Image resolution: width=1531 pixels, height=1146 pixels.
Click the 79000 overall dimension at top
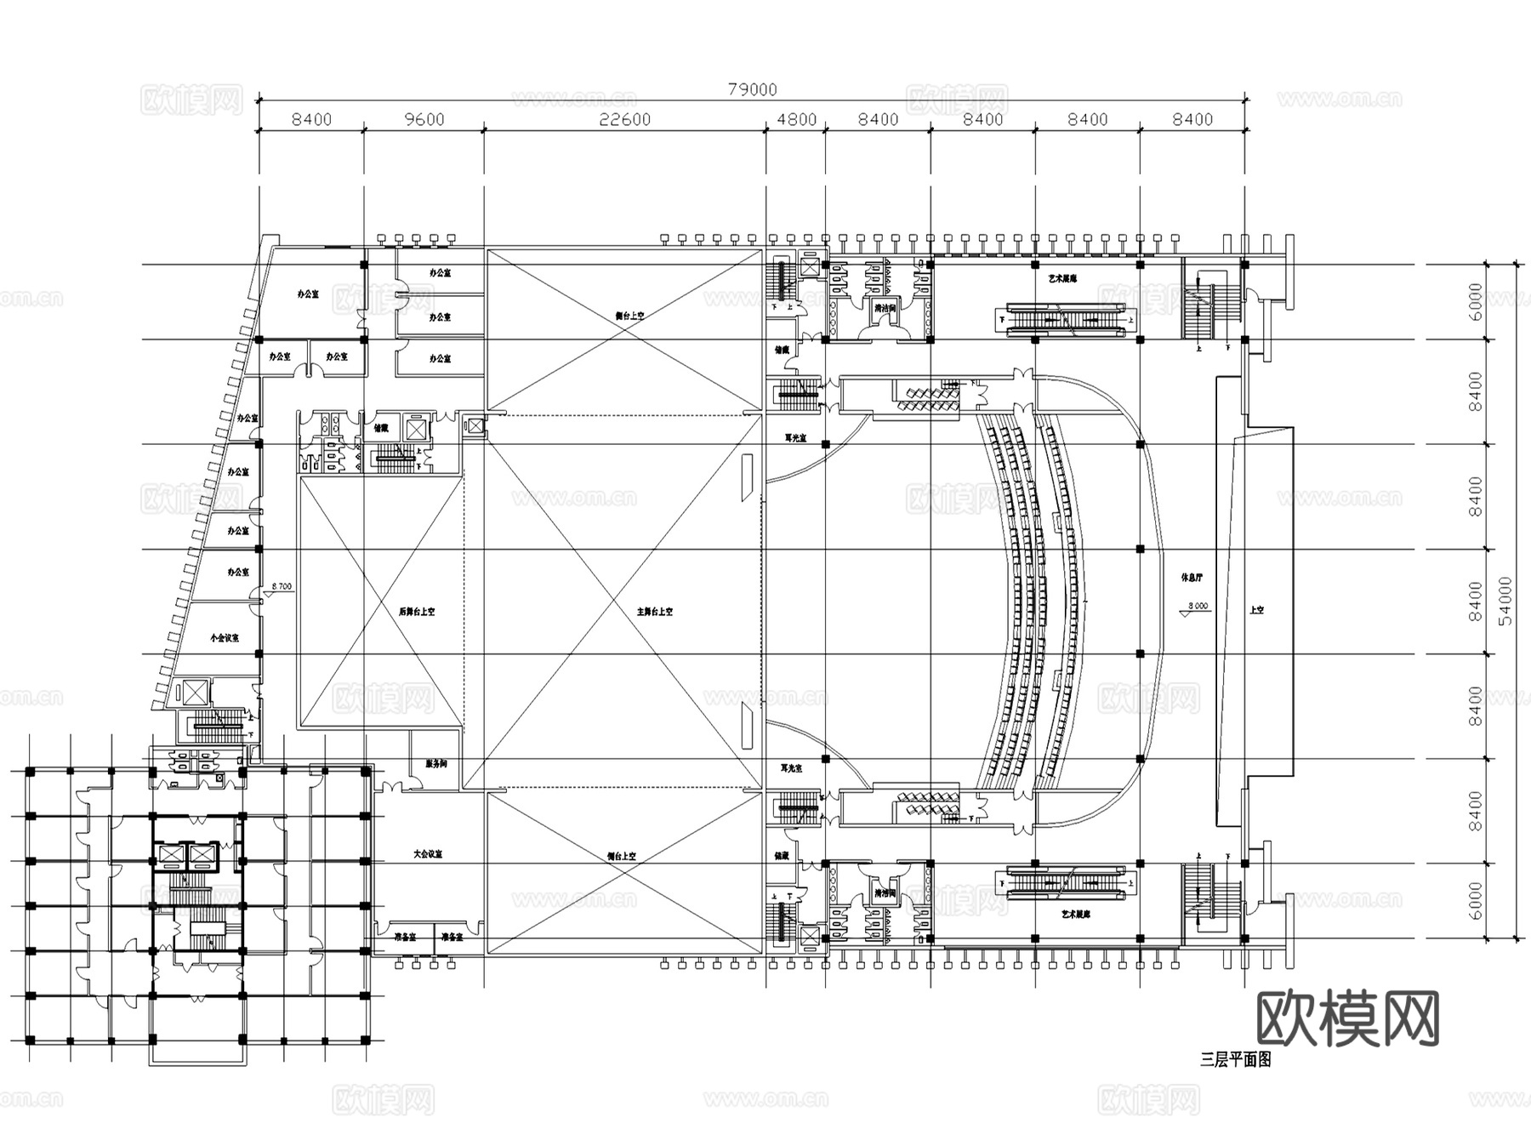[x=752, y=89]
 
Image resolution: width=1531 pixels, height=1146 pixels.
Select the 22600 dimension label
[x=624, y=120]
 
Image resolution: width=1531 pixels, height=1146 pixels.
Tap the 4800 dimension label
[x=796, y=120]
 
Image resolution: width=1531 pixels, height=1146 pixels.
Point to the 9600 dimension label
[x=424, y=120]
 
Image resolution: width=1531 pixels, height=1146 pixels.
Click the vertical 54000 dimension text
[x=1506, y=601]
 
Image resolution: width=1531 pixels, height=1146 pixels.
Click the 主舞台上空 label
[x=654, y=612]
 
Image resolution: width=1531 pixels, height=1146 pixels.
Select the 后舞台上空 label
[x=416, y=612]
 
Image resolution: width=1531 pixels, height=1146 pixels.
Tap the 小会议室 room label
[x=225, y=637]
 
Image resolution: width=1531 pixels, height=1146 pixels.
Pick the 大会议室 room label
[x=428, y=854]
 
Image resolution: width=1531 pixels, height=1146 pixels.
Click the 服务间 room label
[x=435, y=764]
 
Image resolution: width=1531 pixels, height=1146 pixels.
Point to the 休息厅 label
[x=1192, y=578]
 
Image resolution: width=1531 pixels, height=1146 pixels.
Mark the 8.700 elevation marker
[x=281, y=587]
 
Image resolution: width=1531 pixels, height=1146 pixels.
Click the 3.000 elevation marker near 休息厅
[x=1197, y=607]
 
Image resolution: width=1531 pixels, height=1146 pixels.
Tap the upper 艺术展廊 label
[x=1062, y=278]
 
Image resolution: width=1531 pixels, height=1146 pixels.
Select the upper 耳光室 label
[x=795, y=438]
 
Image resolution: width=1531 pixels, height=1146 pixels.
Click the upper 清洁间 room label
[x=885, y=308]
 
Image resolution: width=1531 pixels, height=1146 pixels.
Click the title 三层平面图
[x=1235, y=1060]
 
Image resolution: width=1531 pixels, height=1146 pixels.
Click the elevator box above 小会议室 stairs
[x=195, y=691]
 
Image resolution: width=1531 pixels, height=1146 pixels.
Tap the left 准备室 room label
[x=404, y=938]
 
